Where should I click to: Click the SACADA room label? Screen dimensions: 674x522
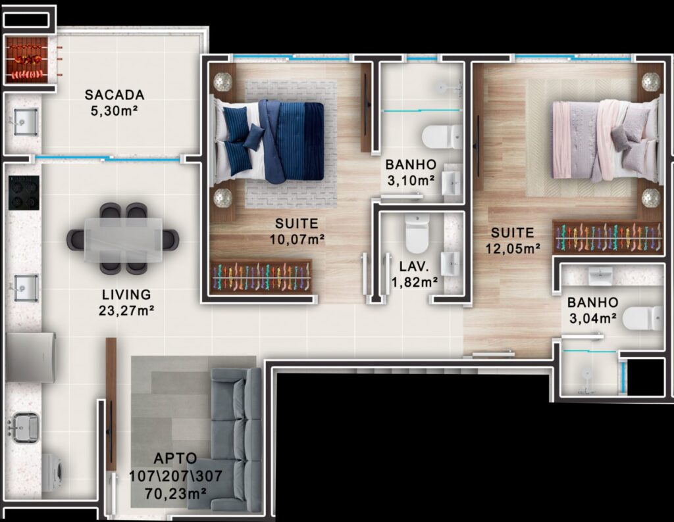(115, 95)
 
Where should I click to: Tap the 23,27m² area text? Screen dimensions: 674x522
(126, 310)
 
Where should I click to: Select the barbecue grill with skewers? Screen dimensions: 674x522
(26, 60)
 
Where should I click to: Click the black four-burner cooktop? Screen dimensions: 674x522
(24, 193)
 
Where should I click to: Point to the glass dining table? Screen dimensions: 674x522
(123, 239)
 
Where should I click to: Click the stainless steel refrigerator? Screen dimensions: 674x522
(30, 357)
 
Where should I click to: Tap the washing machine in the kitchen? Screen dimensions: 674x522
(53, 473)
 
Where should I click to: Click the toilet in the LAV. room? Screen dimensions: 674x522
(417, 233)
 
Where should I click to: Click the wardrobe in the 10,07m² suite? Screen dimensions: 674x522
(261, 277)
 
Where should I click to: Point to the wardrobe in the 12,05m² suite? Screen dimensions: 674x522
(608, 237)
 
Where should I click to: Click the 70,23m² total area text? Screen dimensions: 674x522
(175, 494)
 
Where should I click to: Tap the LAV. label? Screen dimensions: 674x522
(414, 266)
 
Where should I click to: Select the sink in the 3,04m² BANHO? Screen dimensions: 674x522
(600, 276)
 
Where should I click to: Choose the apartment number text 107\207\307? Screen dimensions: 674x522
(176, 475)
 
